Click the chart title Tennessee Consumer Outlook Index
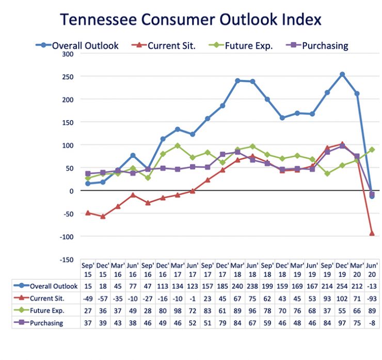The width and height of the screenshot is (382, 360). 190,20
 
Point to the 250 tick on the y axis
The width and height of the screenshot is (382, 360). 67,76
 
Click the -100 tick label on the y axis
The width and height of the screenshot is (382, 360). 66,236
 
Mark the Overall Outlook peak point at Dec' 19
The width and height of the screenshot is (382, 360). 342,74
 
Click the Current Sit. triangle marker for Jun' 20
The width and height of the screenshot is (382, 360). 372,233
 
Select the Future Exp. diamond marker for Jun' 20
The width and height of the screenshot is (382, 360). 372,150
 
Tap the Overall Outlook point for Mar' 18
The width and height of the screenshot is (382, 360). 237,80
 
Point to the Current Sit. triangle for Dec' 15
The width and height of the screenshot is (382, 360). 103,216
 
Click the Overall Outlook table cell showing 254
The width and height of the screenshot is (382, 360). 342,286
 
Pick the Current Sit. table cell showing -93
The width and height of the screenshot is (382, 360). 372,298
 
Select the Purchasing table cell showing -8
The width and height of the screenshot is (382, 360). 372,323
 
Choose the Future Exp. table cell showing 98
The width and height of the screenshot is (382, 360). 178,310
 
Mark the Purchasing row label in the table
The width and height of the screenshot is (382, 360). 46,323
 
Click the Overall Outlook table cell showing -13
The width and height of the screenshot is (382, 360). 372,286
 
